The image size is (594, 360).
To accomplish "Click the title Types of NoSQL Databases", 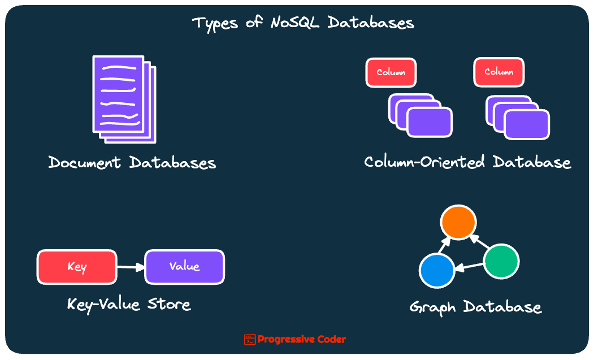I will [303, 23].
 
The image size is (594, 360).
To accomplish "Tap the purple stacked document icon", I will [123, 99].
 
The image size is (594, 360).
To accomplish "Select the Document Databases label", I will [132, 163].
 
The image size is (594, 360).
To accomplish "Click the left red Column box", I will [391, 73].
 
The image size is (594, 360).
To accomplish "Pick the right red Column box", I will [498, 72].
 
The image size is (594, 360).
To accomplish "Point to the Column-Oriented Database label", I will [467, 162].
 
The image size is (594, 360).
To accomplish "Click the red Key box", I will [77, 267].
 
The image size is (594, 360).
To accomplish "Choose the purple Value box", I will [184, 267].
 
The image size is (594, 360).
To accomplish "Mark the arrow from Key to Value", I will [131, 267].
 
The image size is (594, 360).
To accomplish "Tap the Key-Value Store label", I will [129, 304].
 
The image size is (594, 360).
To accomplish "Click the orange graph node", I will [457, 222].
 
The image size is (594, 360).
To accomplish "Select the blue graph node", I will [437, 270].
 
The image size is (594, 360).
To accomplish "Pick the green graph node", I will [501, 262].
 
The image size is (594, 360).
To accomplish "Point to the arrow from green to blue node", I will [470, 266].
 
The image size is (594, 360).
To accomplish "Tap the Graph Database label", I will [475, 307].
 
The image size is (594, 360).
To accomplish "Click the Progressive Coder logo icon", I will [250, 340].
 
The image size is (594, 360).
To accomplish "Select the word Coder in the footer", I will [331, 340].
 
